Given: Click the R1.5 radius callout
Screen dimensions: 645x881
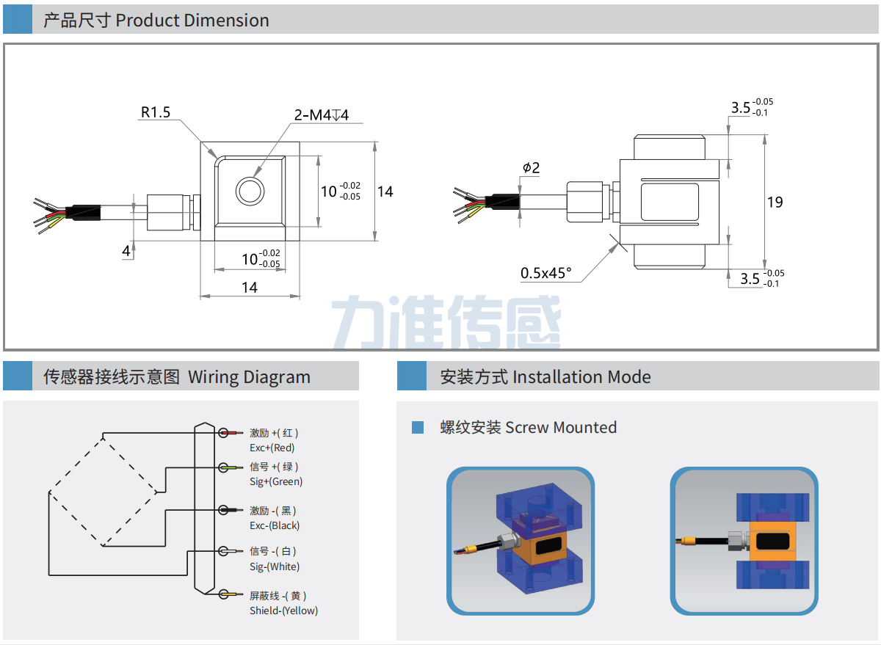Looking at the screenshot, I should click(x=155, y=112).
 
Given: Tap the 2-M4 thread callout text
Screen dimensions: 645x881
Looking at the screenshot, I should click(x=321, y=115).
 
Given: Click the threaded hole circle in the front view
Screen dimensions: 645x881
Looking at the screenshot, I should click(x=250, y=191).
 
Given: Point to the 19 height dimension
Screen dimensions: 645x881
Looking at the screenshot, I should click(x=775, y=202).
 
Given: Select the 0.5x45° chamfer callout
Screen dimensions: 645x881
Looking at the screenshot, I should click(x=545, y=273).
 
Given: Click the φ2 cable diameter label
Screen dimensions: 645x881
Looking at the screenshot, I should click(x=531, y=168).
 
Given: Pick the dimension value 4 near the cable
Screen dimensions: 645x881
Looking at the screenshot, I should click(x=126, y=251).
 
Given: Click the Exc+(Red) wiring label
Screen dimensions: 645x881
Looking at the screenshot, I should click(x=272, y=448).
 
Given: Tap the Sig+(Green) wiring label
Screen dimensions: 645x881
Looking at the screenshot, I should click(x=276, y=481).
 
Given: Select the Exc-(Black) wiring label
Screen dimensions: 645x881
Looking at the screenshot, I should click(x=275, y=525).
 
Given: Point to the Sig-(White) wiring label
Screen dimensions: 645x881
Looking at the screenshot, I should click(x=275, y=566).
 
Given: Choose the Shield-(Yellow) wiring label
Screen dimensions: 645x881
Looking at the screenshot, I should click(x=283, y=611).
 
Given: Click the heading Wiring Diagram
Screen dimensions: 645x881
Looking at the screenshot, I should click(x=249, y=377).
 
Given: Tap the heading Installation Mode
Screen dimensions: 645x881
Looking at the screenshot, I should click(x=581, y=377).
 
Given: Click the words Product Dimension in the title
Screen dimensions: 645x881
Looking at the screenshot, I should click(x=192, y=20).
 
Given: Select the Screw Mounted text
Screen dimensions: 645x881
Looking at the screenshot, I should click(x=561, y=427).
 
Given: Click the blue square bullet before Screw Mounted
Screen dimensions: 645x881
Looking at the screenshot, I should click(x=418, y=427).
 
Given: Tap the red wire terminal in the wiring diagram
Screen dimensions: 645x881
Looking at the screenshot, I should click(x=231, y=433).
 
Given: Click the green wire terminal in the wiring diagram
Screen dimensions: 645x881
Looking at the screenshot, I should click(x=231, y=467).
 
